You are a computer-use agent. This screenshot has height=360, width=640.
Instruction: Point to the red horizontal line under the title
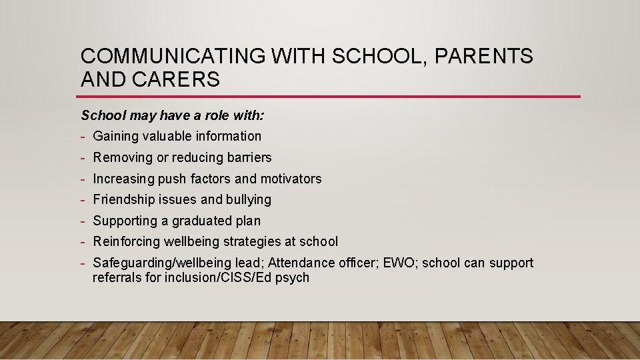[x=330, y=97]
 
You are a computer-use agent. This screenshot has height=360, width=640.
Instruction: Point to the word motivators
[x=291, y=179]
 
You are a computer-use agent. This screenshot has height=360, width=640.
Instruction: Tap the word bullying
[x=249, y=200]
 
